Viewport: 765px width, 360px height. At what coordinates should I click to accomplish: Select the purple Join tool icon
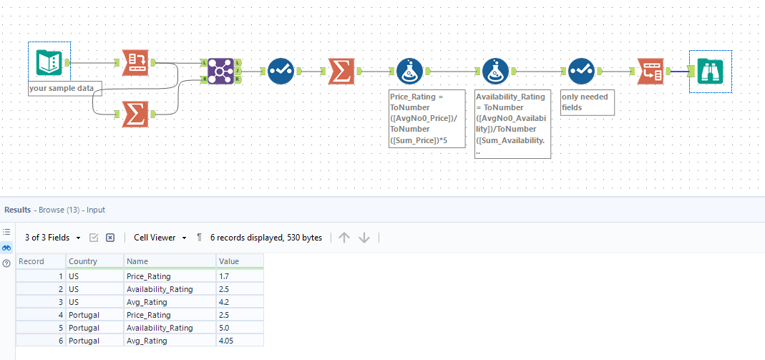click(x=220, y=71)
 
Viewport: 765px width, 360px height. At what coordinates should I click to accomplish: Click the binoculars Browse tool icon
click(x=710, y=71)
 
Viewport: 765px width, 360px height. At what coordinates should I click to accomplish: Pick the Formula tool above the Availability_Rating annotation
click(x=495, y=71)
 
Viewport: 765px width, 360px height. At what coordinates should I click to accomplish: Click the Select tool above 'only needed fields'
click(x=581, y=71)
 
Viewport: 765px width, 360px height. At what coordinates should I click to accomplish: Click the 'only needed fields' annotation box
click(x=586, y=102)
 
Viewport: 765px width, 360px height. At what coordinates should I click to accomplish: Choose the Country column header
click(x=84, y=261)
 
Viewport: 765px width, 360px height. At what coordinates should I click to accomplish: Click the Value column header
click(x=229, y=261)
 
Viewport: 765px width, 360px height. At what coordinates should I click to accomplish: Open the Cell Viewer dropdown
click(x=160, y=238)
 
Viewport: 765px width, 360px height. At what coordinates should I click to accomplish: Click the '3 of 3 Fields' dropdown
click(x=51, y=238)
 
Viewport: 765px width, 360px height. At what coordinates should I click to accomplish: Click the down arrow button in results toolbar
click(x=364, y=238)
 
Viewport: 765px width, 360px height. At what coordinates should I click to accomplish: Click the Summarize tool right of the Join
click(x=343, y=71)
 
